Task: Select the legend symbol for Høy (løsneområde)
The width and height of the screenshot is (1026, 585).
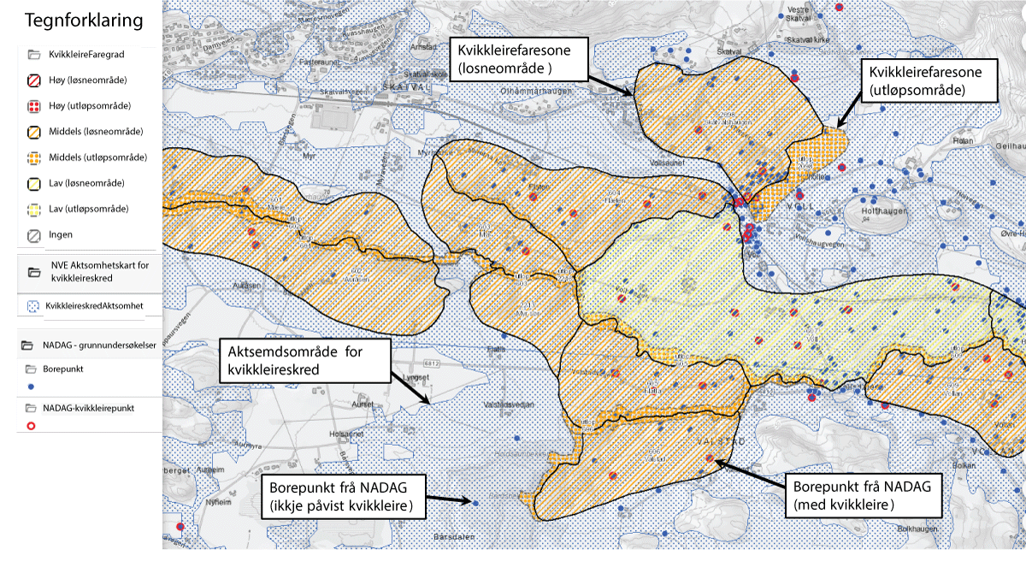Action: click(35, 80)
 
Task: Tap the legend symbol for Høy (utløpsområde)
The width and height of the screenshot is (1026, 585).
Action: click(35, 106)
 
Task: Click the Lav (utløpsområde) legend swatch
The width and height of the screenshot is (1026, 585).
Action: click(35, 209)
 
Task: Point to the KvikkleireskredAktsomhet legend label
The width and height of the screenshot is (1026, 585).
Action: click(94, 305)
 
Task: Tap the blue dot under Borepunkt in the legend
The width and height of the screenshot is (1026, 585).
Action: click(32, 387)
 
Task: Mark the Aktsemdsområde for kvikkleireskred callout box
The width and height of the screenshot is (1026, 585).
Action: click(304, 360)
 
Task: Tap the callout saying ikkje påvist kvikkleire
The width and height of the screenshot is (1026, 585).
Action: click(347, 496)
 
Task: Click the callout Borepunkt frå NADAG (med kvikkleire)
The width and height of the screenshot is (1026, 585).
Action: click(864, 495)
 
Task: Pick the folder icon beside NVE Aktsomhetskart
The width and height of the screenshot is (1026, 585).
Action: click(35, 272)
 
